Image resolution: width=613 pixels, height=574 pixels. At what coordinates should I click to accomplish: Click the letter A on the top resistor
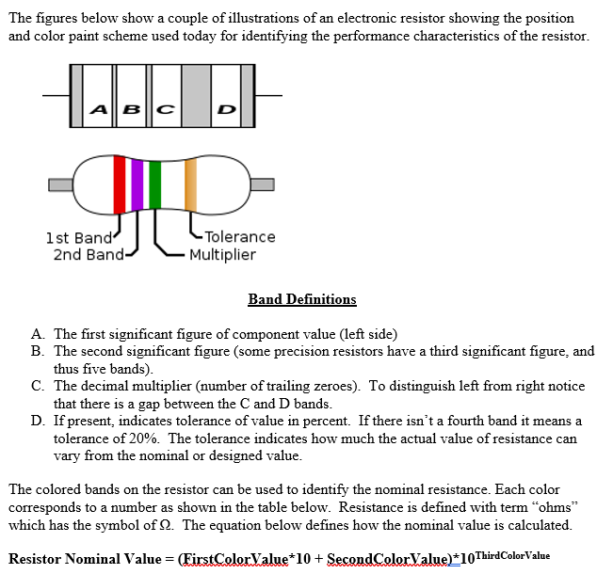[99, 109]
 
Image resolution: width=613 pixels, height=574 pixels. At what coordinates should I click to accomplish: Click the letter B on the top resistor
[131, 109]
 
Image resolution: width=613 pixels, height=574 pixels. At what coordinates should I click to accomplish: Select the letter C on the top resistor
[163, 109]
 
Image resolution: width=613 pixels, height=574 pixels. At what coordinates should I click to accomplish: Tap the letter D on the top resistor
[225, 109]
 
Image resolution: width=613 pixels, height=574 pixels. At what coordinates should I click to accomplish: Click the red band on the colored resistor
[120, 185]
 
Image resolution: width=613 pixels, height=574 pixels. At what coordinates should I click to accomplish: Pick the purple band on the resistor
[137, 185]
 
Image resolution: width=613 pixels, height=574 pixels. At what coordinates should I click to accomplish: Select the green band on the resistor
[154, 185]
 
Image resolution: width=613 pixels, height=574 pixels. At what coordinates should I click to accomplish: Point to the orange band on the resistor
[190, 185]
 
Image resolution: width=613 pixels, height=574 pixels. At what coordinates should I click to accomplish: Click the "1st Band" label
[79, 237]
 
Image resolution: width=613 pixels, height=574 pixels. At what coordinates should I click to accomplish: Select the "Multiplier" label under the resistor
[222, 254]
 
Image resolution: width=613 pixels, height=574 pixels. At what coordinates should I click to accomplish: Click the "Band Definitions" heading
[302, 299]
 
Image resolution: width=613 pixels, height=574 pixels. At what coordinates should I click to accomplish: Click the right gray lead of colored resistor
[263, 183]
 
